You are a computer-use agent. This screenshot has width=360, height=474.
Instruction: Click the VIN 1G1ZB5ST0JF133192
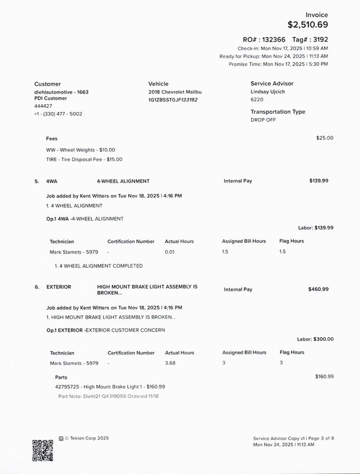pos(173,100)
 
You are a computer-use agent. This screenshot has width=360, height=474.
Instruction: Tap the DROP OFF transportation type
pos(263,119)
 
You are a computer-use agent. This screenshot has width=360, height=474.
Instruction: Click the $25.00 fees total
pos(324,138)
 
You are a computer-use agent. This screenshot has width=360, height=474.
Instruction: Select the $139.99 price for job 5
pos(319,181)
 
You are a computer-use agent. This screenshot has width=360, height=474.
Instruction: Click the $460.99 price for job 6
pos(319,289)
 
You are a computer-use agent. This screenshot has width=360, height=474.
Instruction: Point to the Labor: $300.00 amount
pos(315,339)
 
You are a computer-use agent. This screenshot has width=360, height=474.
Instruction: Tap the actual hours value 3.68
pos(171,363)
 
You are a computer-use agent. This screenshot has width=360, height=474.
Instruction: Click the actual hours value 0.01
pos(170,252)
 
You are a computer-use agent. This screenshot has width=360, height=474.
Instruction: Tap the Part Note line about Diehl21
pos(100,396)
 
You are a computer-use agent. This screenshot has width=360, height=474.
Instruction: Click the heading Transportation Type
pos(278,111)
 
